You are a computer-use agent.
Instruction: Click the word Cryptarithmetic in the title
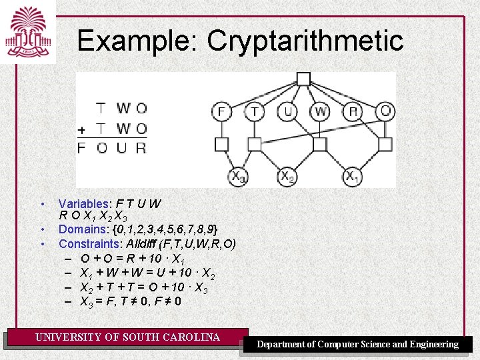pos(305,41)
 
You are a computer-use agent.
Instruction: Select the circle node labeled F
pos(221,111)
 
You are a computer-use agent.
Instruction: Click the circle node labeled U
pos(287,111)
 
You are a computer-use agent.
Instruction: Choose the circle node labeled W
pos(320,111)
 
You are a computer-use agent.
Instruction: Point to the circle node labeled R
pos(353,111)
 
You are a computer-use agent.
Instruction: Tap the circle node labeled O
pos(385,111)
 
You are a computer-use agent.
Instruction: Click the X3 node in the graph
pos(238,177)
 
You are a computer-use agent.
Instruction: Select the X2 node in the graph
pos(287,177)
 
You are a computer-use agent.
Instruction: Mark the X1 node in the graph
pos(353,177)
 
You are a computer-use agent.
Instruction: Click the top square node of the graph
pos(303,79)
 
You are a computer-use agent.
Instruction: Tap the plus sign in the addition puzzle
pos(81,129)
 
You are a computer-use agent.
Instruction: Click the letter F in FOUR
pos(81,148)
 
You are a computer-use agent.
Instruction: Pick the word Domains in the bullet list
pos(82,230)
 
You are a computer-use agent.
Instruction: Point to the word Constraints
pos(90,243)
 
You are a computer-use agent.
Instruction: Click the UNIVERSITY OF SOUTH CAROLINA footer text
pos(127,337)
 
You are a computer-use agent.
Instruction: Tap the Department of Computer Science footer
pos(358,345)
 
